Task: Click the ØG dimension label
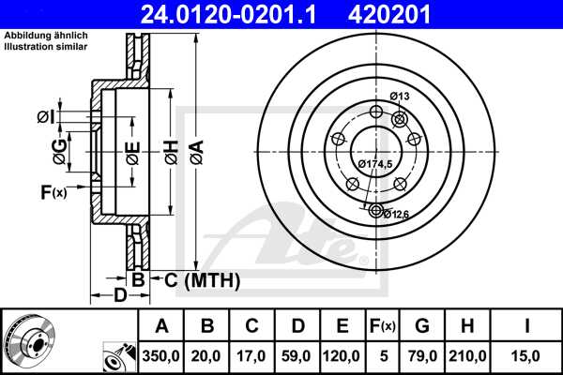[x=59, y=149]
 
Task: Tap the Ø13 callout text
[x=399, y=97]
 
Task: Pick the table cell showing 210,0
[x=473, y=357]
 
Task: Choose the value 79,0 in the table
[x=422, y=357]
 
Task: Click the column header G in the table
[x=422, y=326]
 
